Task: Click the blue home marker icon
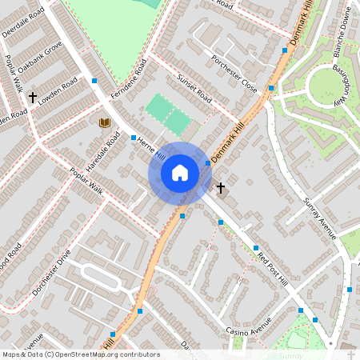point(180,172)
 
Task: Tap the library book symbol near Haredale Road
point(103,122)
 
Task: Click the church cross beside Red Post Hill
point(221,187)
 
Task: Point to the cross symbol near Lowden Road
point(33,97)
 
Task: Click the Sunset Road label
point(194,89)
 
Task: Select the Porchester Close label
point(234,73)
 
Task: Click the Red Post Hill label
point(272,267)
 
